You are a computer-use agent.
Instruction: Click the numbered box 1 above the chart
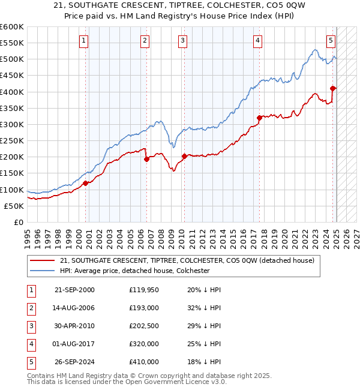click(83, 41)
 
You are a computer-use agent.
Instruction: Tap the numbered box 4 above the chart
click(257, 41)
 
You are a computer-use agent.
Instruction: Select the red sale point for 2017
click(259, 118)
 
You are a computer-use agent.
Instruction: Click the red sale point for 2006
click(146, 160)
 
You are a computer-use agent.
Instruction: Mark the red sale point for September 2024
click(333, 89)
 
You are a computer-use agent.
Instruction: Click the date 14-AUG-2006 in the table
click(74, 308)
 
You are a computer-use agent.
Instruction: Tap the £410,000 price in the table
click(144, 362)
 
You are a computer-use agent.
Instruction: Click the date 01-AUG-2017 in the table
click(74, 344)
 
